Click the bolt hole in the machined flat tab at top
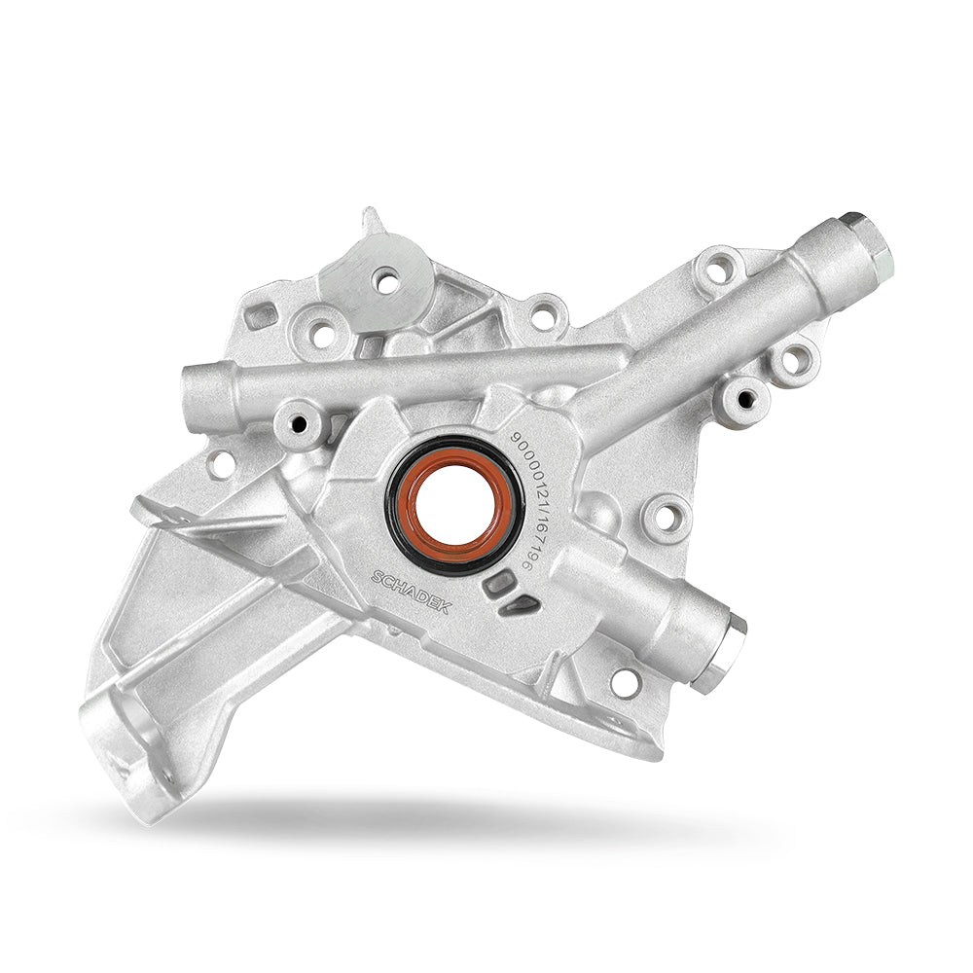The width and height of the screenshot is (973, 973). [x=387, y=282]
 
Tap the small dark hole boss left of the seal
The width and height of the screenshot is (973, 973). [x=299, y=423]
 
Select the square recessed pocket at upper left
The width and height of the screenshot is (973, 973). [x=261, y=316]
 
